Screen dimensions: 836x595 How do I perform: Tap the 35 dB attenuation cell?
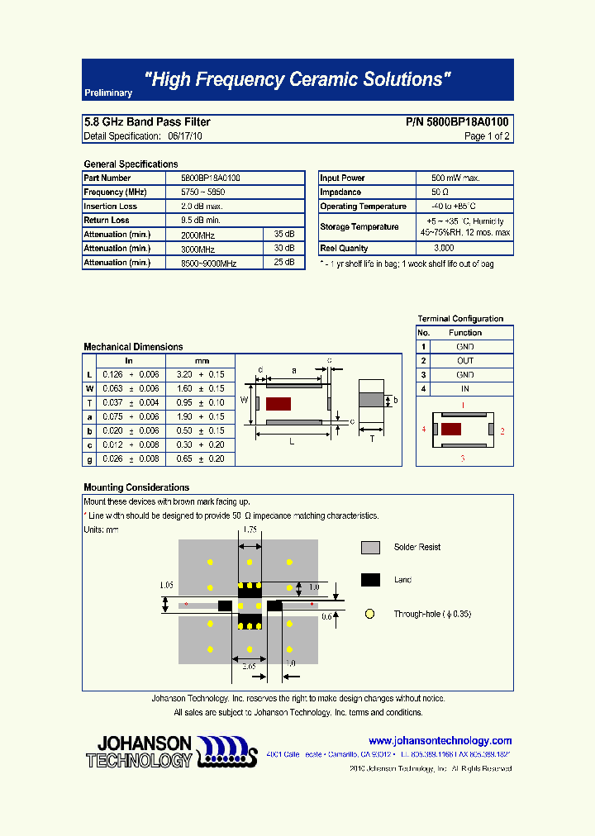(x=283, y=235)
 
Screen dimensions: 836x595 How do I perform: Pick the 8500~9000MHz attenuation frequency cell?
(x=208, y=263)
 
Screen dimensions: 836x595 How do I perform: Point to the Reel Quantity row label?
(x=344, y=249)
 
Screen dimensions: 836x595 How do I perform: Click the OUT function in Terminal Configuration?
(x=465, y=361)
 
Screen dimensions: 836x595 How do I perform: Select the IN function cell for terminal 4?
(x=465, y=389)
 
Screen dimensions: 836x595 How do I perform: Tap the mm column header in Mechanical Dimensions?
(x=202, y=361)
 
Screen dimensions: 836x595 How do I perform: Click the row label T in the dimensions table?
(x=89, y=403)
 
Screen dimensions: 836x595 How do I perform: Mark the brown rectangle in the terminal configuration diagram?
(x=451, y=430)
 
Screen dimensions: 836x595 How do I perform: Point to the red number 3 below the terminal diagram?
(x=462, y=457)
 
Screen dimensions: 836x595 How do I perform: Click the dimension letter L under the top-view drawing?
(x=292, y=442)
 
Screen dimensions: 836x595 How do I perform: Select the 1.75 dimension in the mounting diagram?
(x=250, y=529)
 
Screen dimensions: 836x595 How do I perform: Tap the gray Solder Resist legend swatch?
(x=370, y=548)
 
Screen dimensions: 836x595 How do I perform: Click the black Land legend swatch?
(x=370, y=580)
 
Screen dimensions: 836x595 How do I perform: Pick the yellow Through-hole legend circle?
(x=370, y=614)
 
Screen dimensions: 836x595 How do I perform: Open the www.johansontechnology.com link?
(x=440, y=741)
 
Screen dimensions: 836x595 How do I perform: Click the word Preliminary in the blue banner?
(x=108, y=93)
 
